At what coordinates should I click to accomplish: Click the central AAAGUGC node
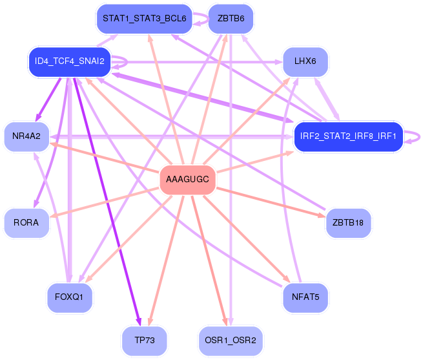point(187,179)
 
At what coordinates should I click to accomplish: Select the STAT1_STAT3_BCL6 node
point(144,19)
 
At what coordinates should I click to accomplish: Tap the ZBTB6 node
point(231,19)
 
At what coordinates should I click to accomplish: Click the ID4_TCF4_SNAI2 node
point(70,61)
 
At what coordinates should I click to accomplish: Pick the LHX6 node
point(305,61)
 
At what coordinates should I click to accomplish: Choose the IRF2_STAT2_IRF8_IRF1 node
point(348,136)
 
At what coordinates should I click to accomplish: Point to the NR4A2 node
point(26,136)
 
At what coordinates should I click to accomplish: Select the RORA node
point(26,223)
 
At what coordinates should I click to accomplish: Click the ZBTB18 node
point(348,223)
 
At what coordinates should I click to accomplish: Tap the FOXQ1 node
point(69,297)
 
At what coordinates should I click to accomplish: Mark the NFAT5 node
point(305,297)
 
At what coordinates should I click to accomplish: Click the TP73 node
point(144,341)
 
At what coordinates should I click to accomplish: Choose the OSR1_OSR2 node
point(231,341)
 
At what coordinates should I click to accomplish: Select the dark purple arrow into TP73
point(107,202)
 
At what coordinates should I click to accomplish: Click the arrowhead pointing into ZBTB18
point(322,215)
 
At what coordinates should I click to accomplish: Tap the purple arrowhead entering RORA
point(36,204)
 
